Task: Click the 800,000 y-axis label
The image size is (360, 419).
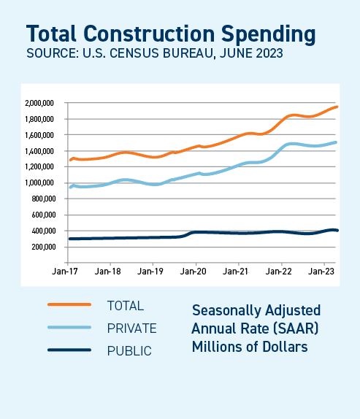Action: [44, 199]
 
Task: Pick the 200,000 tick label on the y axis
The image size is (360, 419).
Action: [44, 247]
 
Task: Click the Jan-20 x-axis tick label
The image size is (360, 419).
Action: [195, 271]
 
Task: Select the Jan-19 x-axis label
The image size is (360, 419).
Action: [152, 271]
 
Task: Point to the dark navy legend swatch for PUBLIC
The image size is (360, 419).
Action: [69, 350]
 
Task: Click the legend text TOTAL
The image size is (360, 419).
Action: [126, 305]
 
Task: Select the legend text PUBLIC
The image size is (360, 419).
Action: [129, 351]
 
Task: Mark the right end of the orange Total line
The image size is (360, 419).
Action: [336, 107]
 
